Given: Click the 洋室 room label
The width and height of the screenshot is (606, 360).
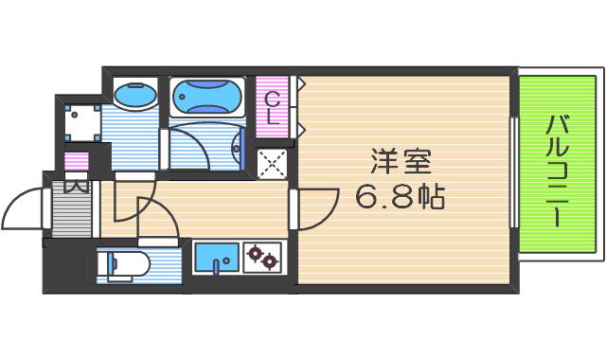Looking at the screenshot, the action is point(401,162).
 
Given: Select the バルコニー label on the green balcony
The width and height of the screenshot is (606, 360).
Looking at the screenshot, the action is point(557,171).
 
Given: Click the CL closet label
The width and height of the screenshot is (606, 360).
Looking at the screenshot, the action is point(273,108).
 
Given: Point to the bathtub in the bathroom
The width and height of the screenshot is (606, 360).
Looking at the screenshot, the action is point(207,98).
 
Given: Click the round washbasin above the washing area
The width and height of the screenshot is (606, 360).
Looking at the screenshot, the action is point(135,95).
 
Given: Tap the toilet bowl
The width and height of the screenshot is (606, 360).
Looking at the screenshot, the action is point(130,264).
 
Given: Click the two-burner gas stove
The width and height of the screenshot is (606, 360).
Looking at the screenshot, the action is point(262,257).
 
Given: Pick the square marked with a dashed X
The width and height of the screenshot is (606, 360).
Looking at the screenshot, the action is point(272,164).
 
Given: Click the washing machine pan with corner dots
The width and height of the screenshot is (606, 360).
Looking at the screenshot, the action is point(82,122).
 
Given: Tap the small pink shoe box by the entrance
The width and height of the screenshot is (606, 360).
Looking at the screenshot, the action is point(77,162).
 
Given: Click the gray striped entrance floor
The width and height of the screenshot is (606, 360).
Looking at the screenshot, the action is point(72,208).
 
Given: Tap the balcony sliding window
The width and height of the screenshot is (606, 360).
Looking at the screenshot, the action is point(513,171).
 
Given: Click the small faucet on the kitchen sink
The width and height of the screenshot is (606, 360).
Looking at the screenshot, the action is point(217,266).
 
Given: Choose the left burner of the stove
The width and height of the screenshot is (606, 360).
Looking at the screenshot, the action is point(255,254).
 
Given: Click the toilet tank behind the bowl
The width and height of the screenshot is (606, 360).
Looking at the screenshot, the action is point(103,264).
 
